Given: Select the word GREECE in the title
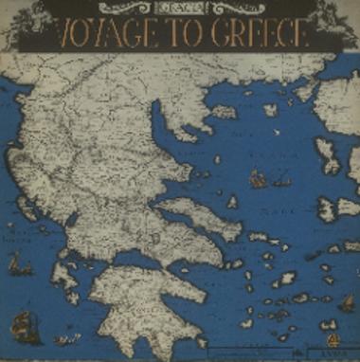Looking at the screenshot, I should [x=261, y=35].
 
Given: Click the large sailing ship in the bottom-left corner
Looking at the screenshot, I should [x=24, y=327].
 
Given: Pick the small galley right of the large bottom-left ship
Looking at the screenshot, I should [x=65, y=337].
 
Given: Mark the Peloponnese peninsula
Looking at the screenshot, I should [x=142, y=303].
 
